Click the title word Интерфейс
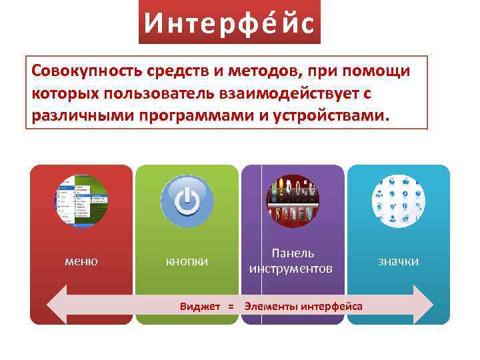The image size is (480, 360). pos(229,24)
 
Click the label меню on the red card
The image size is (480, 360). pos(81,261)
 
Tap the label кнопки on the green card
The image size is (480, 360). pos(187,261)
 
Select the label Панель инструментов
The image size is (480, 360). pos(291,261)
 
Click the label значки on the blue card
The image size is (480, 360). pos(399,261)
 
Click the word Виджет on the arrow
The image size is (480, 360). pos(201,307)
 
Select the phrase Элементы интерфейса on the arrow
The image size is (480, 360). pos(303,307)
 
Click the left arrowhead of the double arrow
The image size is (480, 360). pos(56,305)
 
